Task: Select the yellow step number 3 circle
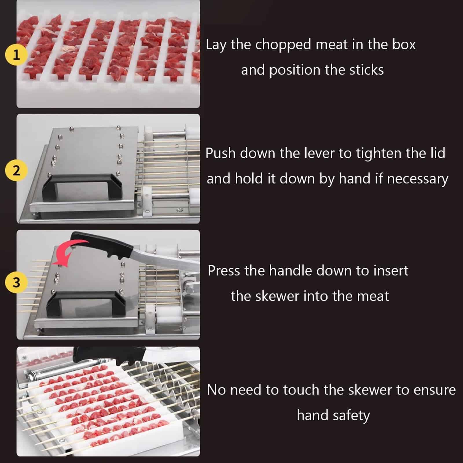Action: pos(16,282)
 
